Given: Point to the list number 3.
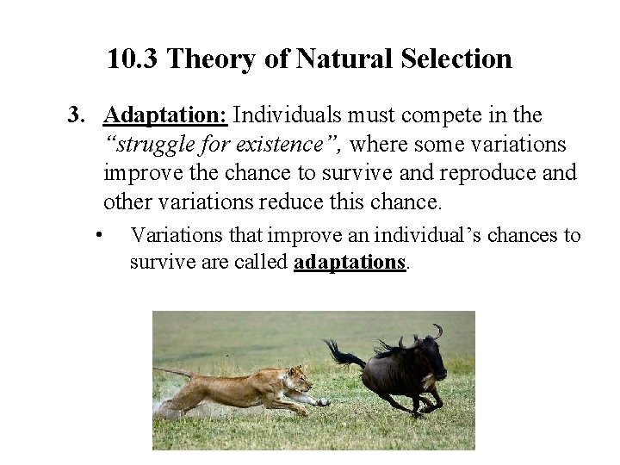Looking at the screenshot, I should tap(77, 115).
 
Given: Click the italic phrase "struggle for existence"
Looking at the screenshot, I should tap(224, 145).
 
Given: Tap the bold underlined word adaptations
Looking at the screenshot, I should tap(350, 262).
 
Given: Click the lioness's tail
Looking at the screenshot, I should tap(172, 372).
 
